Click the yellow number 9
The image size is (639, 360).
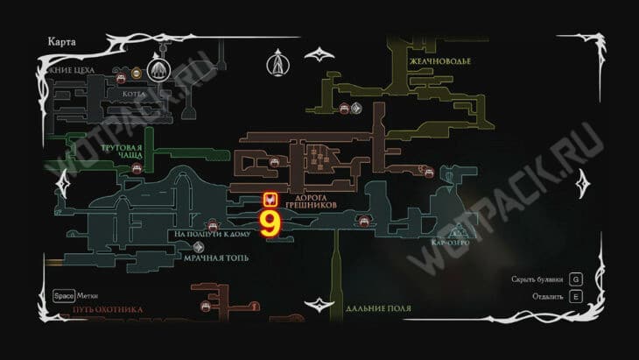(270, 222)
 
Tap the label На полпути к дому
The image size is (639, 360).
(212, 235)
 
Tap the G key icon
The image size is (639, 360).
(575, 279)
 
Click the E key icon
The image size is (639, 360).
(575, 296)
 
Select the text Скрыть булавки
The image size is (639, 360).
(536, 279)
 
